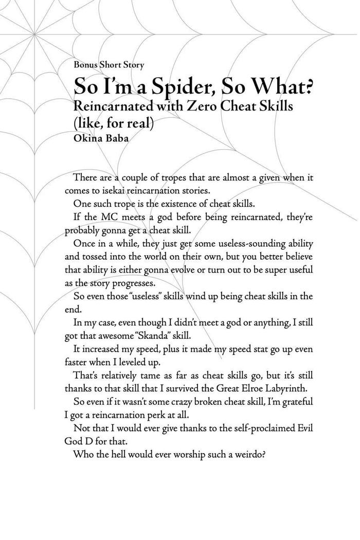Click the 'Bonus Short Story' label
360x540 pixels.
109,65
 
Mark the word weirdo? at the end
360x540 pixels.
245,454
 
